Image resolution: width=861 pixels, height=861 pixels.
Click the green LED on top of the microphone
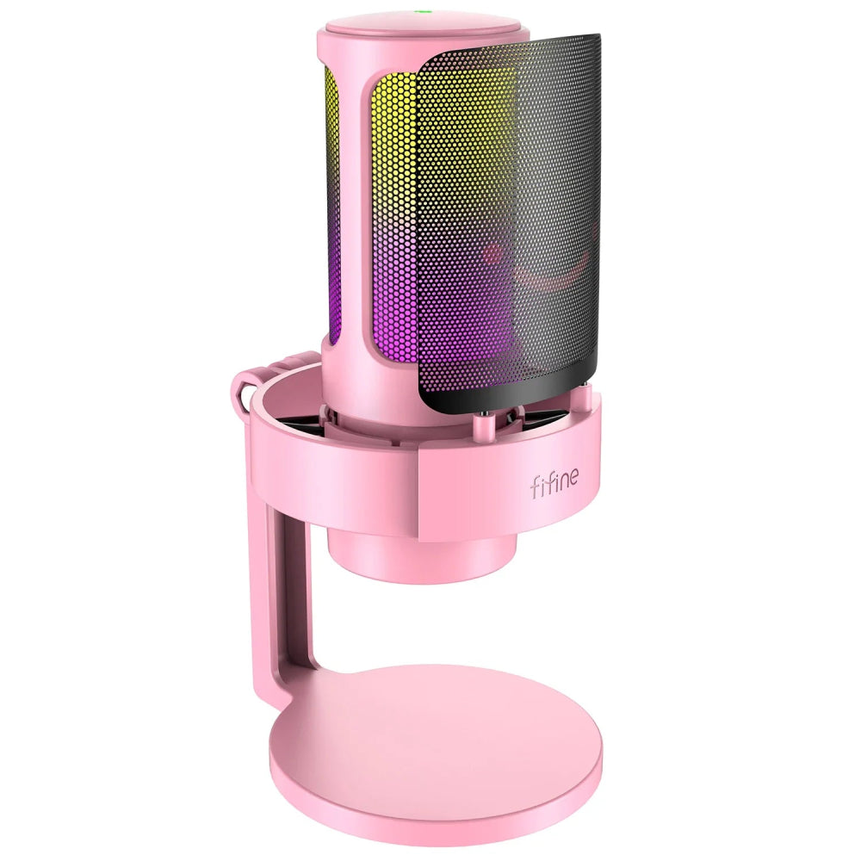click(423, 13)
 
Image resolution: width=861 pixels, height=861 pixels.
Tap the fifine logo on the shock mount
click(553, 486)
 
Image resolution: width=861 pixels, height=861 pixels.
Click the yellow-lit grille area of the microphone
click(392, 146)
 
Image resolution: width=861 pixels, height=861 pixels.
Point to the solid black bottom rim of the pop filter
click(508, 399)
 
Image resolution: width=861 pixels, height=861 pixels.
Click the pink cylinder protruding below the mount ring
click(422, 551)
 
